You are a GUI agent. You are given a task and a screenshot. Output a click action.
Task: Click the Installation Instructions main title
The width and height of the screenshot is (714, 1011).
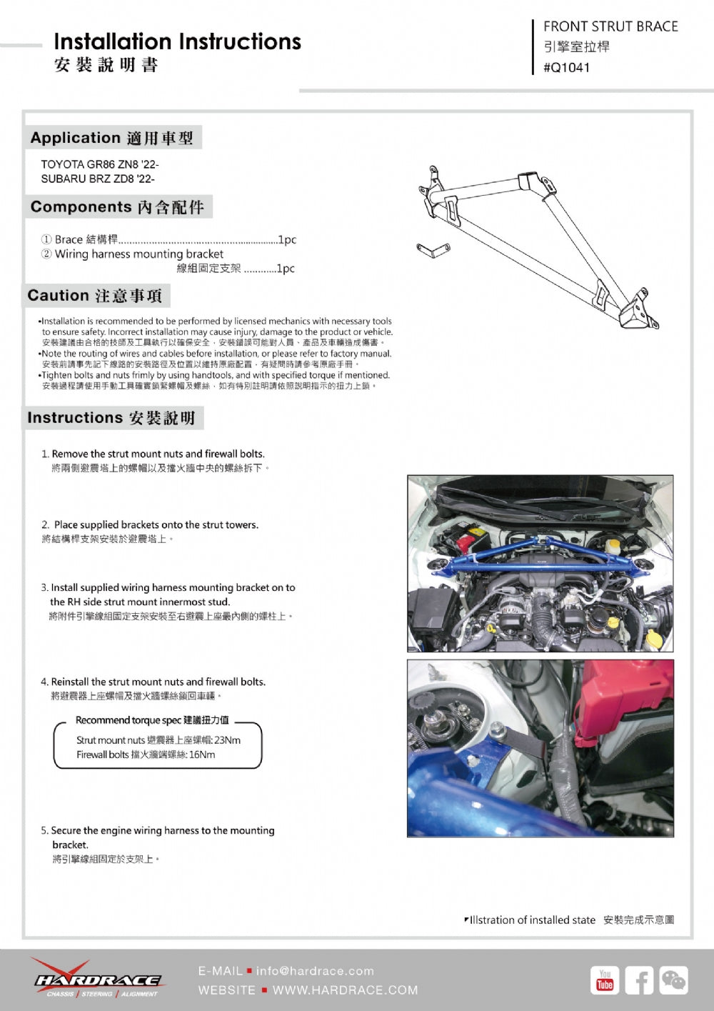tap(177, 41)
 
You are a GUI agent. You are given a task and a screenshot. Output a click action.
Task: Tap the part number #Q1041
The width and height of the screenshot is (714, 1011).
tap(566, 68)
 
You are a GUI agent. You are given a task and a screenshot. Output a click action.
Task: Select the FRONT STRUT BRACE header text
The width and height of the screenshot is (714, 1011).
tap(610, 26)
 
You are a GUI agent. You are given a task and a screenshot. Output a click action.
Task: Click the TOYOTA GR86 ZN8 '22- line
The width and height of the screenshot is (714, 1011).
tap(99, 164)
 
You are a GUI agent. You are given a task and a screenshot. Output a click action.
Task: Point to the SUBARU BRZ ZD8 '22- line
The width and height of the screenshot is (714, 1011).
tap(97, 179)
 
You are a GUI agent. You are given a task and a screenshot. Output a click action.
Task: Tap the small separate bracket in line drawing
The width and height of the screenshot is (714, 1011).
tap(433, 249)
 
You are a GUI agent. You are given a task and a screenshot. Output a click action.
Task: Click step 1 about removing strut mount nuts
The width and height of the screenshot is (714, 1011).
tap(158, 454)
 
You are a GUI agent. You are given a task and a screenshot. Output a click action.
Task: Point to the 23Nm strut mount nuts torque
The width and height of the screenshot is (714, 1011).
tap(227, 740)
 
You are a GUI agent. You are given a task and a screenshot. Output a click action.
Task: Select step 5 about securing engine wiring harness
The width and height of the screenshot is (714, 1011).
tap(162, 831)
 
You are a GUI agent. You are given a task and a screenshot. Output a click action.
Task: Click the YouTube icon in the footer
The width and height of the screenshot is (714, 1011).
tap(605, 980)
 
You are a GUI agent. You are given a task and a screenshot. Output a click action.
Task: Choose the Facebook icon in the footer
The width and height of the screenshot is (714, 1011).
tap(639, 980)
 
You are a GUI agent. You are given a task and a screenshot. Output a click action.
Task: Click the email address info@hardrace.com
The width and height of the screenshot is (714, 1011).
tap(315, 971)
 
